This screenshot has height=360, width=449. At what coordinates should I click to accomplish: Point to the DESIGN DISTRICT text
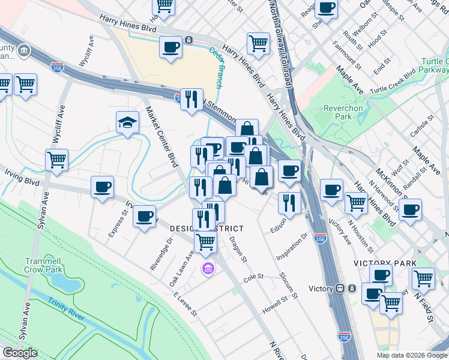[207, 229]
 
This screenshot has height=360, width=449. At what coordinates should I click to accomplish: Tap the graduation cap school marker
[127, 123]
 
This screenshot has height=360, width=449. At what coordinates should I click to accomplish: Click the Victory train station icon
[340, 288]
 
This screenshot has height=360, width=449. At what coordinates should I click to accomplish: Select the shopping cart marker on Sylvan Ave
[56, 160]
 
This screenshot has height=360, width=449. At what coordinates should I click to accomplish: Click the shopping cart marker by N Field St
[423, 278]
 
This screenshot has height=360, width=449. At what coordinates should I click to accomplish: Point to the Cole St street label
[254, 277]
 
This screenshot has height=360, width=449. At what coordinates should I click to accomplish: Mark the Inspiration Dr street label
[292, 247]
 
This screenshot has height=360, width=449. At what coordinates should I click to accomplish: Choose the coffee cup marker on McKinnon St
[411, 210]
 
